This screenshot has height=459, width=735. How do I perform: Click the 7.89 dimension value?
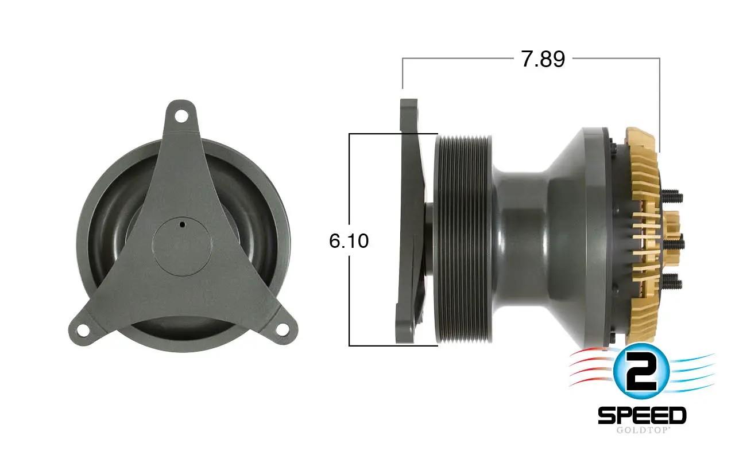pyautogui.click(x=543, y=59)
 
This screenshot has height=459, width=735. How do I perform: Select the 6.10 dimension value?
pyautogui.click(x=349, y=241)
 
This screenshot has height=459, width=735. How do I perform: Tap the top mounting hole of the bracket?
pyautogui.click(x=181, y=116)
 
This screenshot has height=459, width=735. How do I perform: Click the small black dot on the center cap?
pyautogui.click(x=181, y=224)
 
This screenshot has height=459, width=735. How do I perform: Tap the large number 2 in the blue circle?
pyautogui.click(x=641, y=372)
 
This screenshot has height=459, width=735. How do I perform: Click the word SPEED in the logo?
pyautogui.click(x=641, y=415)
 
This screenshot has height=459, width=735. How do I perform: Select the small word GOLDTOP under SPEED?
pyautogui.click(x=641, y=430)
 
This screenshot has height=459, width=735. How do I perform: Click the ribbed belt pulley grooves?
pyautogui.click(x=462, y=241)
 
